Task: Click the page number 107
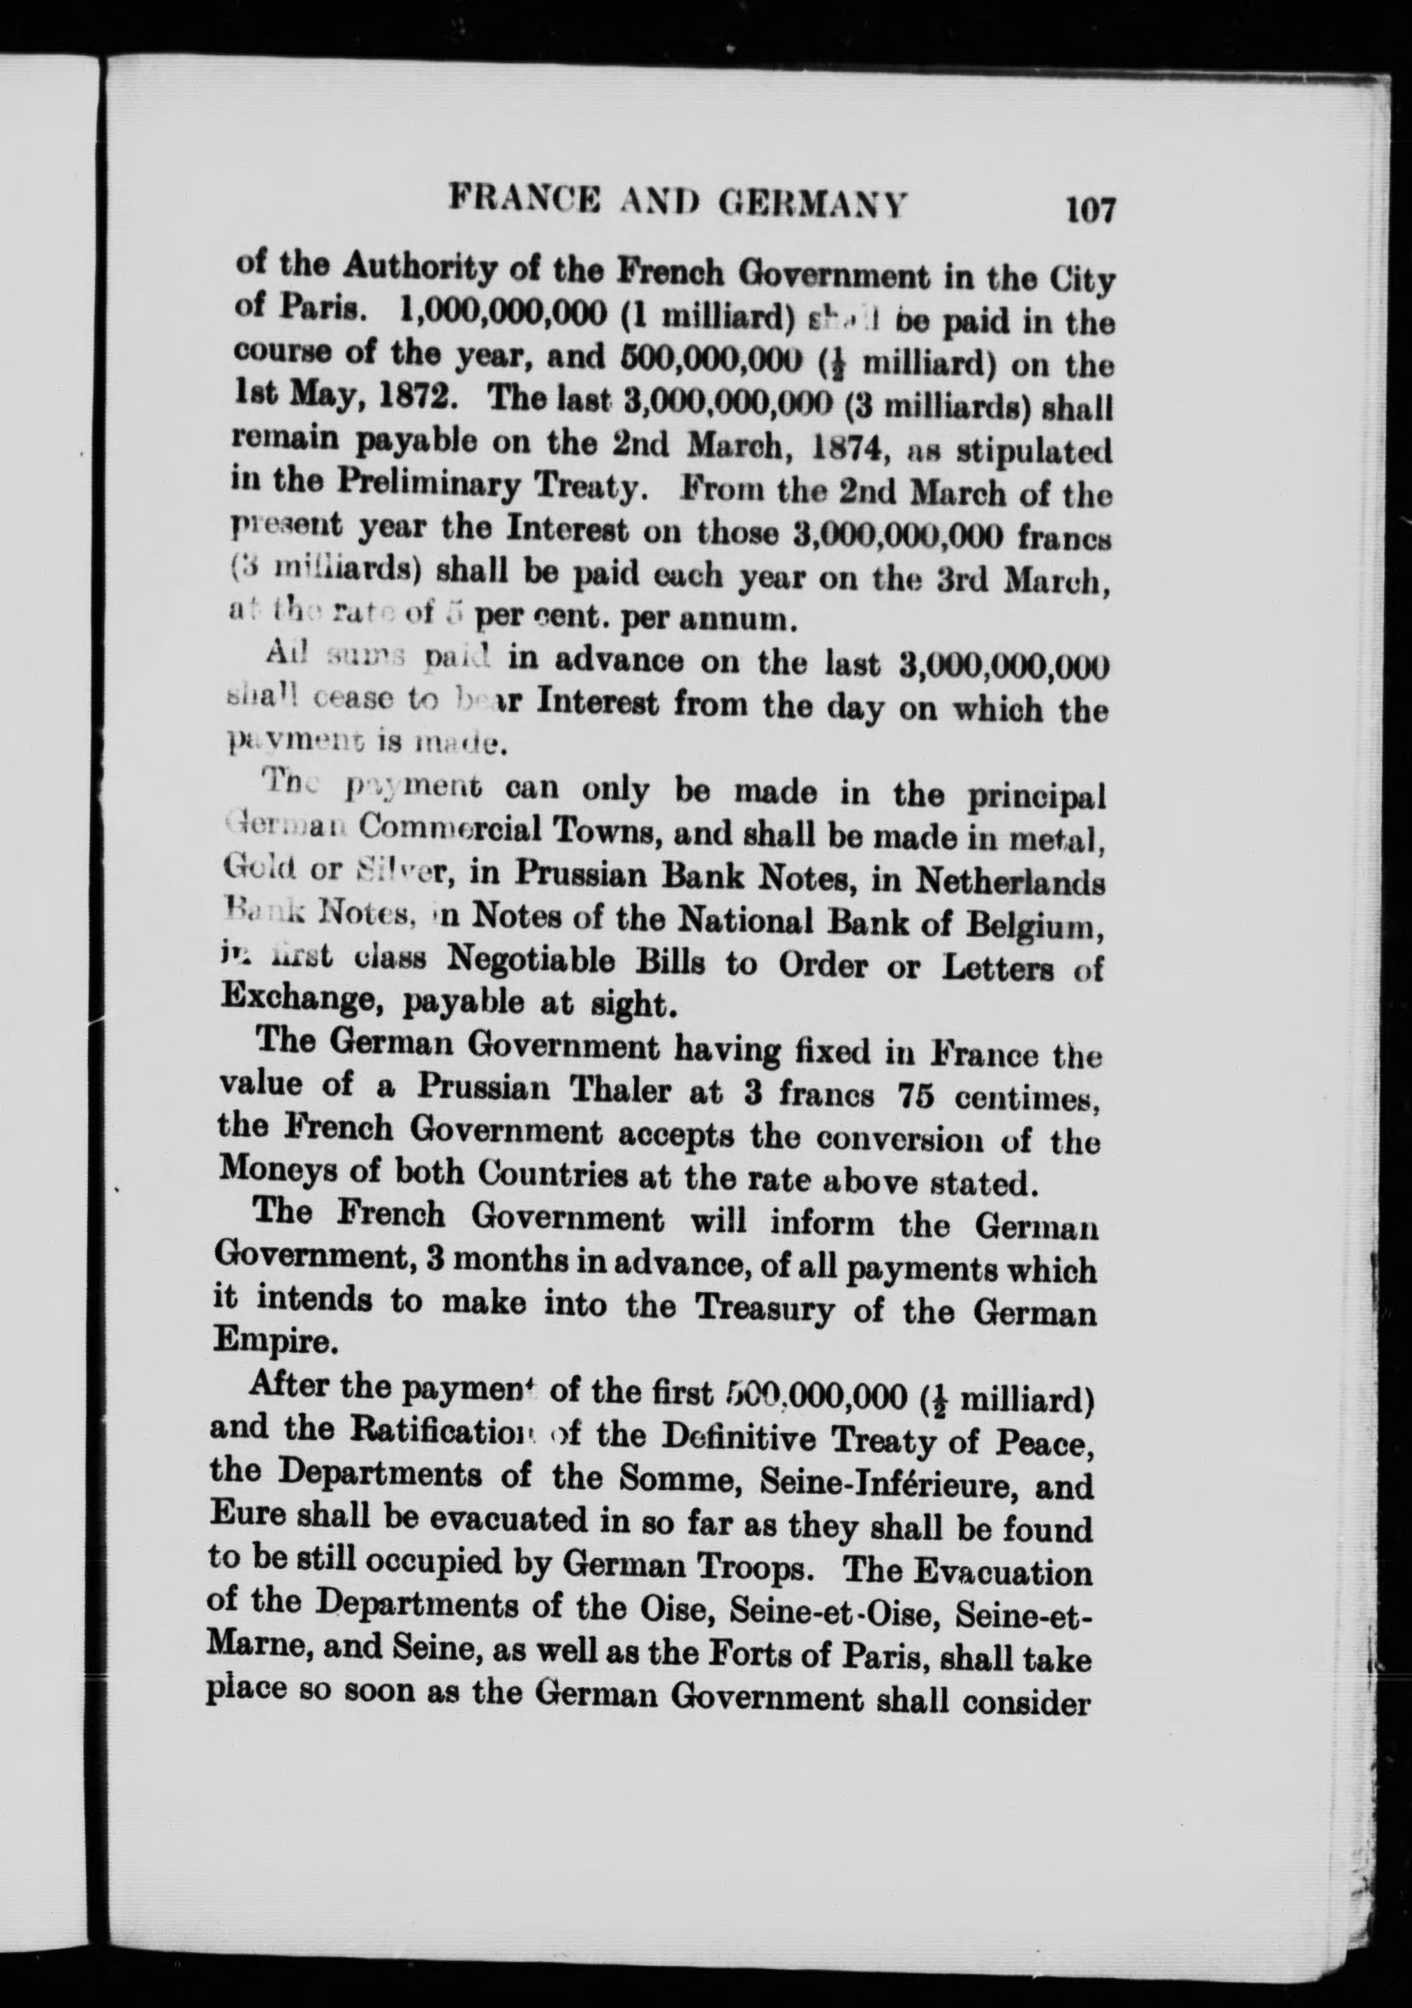1090,211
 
